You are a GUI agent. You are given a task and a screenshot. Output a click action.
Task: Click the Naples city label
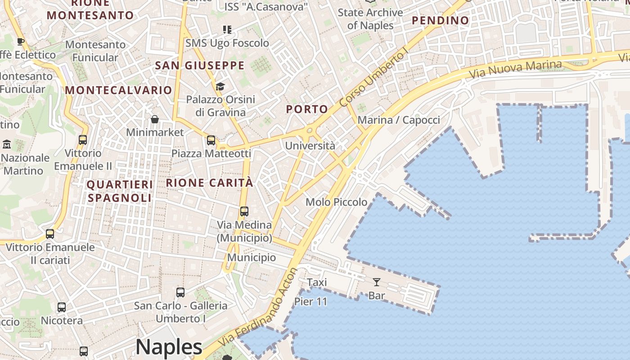point(169,347)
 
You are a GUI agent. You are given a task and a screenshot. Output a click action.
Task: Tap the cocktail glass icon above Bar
point(377,282)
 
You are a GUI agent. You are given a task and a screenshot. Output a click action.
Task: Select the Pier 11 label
point(311,301)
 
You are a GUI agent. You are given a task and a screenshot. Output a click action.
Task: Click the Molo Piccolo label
point(337,202)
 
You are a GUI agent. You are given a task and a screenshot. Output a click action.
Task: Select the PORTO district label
point(307,109)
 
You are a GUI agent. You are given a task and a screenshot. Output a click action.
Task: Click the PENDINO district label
point(441,20)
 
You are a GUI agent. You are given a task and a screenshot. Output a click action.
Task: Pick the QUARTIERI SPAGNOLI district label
point(120,191)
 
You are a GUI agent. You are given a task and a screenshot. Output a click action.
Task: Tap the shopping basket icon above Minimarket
point(155,119)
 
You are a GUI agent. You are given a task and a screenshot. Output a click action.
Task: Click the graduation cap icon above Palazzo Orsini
point(220,86)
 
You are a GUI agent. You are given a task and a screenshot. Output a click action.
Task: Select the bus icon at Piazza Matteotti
point(211,140)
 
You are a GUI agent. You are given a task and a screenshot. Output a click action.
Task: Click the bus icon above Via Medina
point(244,211)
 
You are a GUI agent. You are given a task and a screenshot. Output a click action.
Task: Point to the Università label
point(310,146)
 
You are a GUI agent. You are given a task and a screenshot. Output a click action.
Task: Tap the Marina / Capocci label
point(399,120)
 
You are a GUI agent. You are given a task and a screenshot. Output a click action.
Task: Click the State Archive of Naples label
point(370,19)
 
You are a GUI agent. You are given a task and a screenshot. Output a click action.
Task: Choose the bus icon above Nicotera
point(62,308)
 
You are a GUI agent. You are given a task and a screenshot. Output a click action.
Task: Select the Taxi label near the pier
point(317,283)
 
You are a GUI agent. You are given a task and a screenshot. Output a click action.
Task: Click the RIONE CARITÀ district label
point(210,183)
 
